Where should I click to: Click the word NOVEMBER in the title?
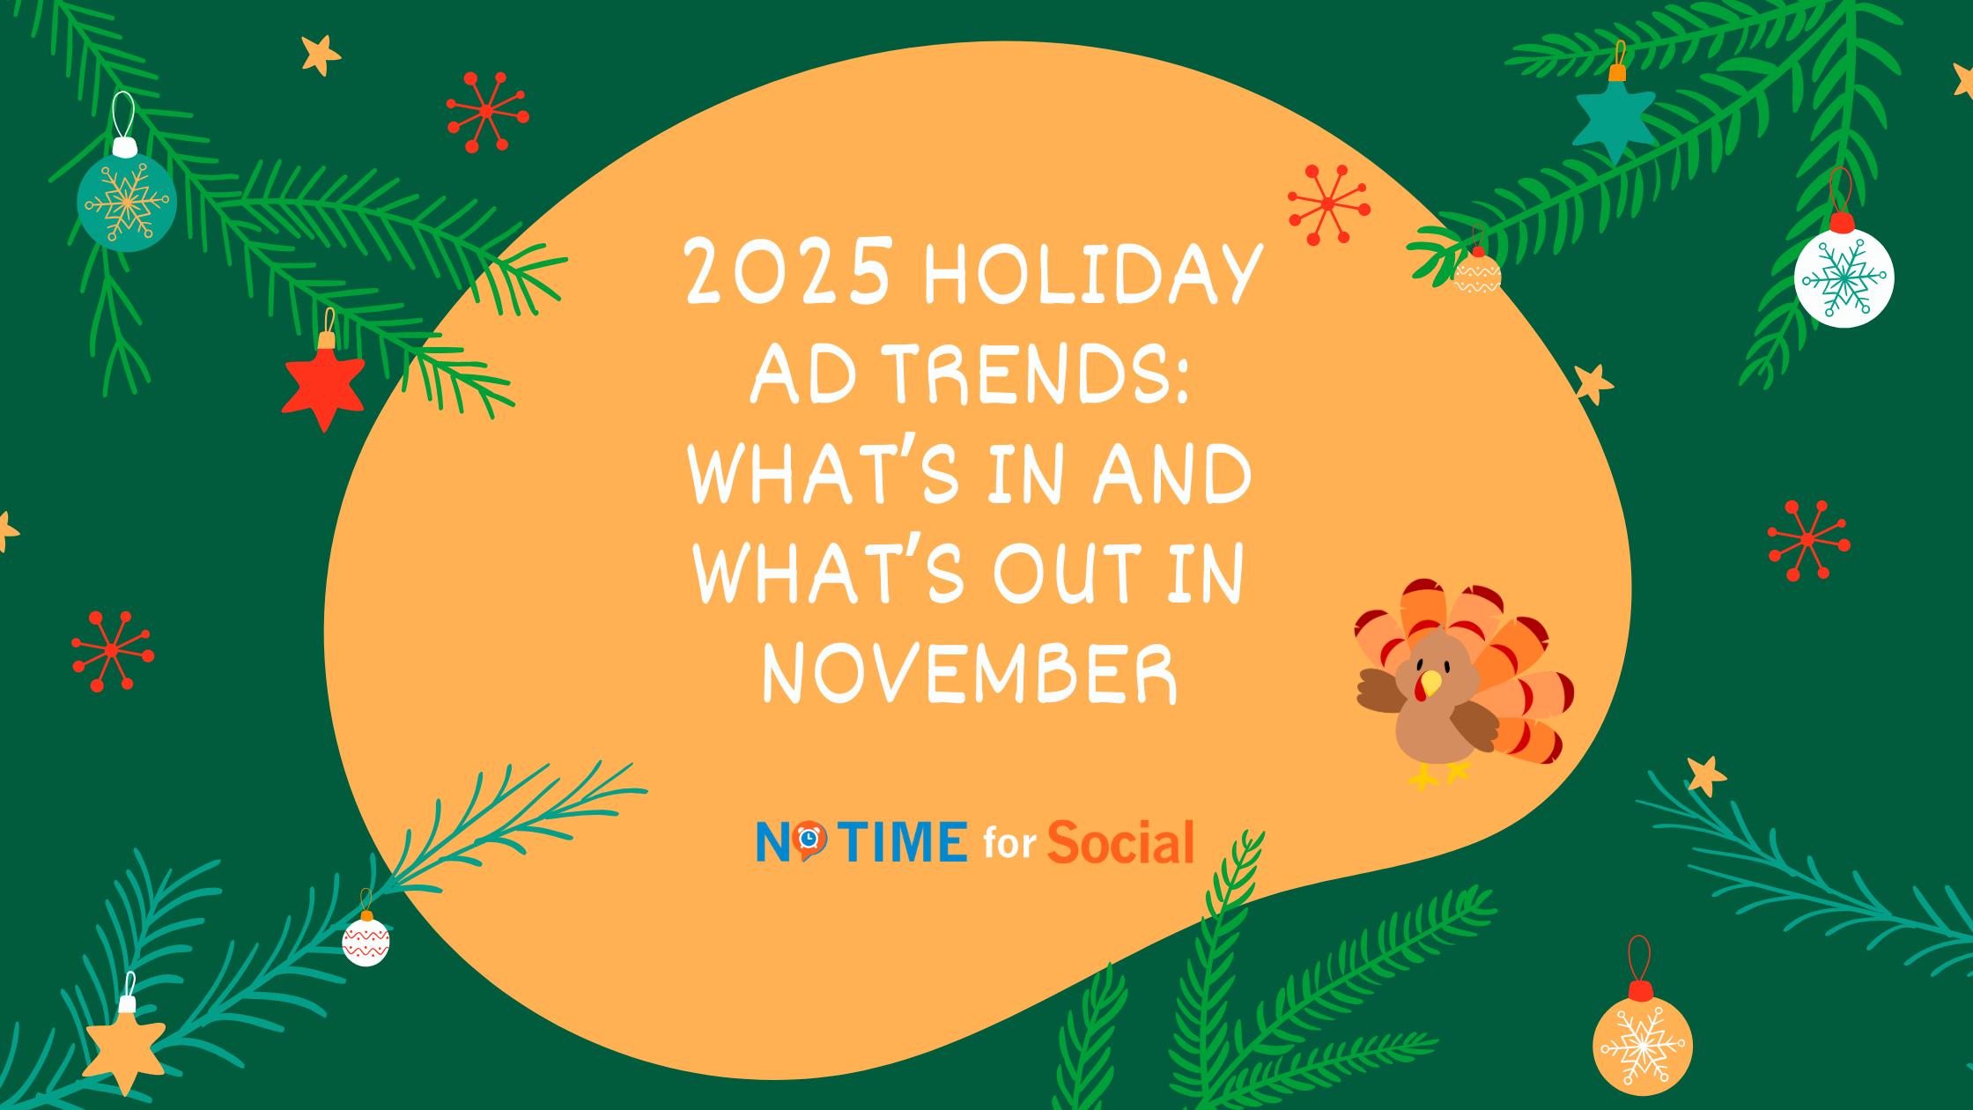pyautogui.click(x=970, y=673)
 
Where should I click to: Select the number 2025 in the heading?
pyautogui.click(x=787, y=271)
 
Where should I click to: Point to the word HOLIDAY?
pyautogui.click(x=1093, y=273)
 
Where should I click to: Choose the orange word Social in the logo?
pyautogui.click(x=1120, y=841)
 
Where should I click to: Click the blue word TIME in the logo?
pyautogui.click(x=903, y=841)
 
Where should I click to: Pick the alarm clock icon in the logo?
pyautogui.click(x=809, y=840)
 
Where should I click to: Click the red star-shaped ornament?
pyautogui.click(x=323, y=384)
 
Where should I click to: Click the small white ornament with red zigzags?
pyautogui.click(x=366, y=941)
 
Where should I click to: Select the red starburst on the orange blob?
pyautogui.click(x=1328, y=204)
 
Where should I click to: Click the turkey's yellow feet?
pyautogui.click(x=1439, y=775)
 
